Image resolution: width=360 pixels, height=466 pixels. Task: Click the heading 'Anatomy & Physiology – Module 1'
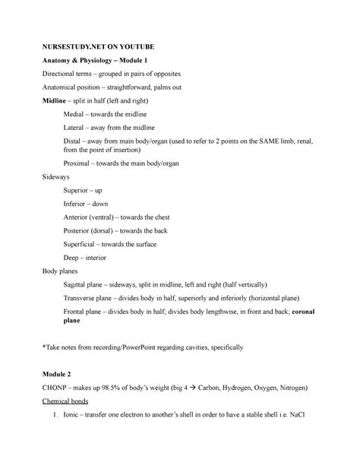(x=89, y=60)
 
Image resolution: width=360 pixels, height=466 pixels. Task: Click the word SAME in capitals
(x=251, y=142)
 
